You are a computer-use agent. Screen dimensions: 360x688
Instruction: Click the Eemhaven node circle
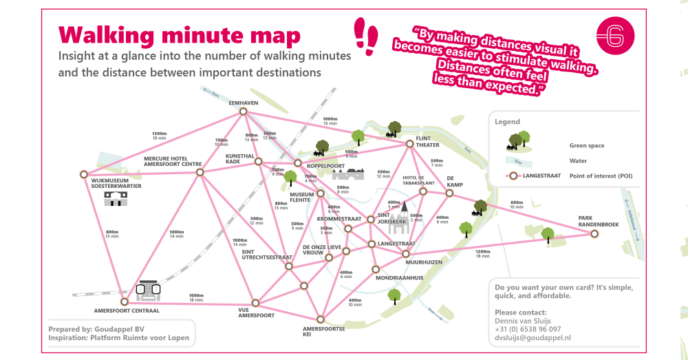click(244, 113)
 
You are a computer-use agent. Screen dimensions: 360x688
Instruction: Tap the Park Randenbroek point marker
click(594, 234)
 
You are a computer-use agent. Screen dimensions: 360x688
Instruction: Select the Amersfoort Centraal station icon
click(148, 291)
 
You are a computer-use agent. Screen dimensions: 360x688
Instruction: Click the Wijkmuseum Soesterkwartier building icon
click(116, 199)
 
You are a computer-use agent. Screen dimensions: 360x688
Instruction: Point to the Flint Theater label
click(427, 141)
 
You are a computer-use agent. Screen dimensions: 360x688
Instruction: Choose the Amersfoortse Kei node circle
click(319, 319)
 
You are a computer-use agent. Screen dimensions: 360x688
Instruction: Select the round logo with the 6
click(615, 36)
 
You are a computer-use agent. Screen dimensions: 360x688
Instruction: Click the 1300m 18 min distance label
click(159, 136)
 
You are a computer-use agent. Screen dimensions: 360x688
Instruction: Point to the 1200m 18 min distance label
click(482, 253)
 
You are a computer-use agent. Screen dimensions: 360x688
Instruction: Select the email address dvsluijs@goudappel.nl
click(533, 338)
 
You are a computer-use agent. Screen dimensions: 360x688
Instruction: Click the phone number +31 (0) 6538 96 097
click(528, 329)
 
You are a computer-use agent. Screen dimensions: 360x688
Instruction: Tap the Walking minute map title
click(180, 34)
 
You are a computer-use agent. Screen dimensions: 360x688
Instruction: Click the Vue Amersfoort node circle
click(255, 302)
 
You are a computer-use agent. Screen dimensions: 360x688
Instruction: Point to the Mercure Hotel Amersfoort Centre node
click(200, 172)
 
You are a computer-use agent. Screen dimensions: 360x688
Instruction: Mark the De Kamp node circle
click(449, 193)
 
